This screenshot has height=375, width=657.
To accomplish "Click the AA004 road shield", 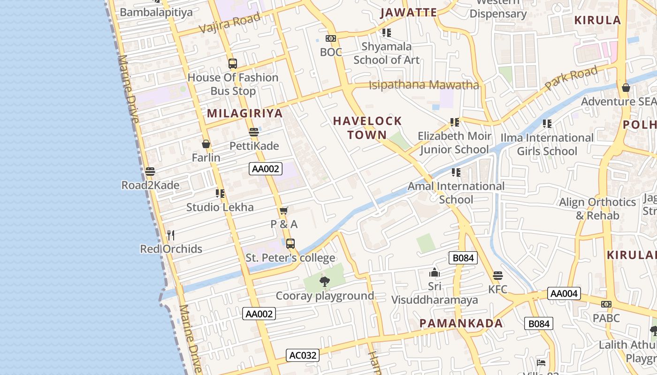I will tap(564, 294).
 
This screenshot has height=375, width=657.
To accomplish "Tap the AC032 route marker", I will tap(303, 355).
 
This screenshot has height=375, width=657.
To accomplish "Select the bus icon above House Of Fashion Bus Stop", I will tap(233, 64).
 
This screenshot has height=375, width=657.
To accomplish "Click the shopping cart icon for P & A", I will tap(283, 210).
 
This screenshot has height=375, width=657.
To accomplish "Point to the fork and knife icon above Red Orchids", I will tap(171, 235).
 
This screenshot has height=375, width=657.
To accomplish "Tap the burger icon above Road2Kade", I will tap(150, 172).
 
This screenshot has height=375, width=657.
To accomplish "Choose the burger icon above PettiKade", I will tap(254, 132).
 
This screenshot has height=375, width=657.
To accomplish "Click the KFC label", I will tap(498, 289).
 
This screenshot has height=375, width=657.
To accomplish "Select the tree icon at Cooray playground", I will tap(324, 282).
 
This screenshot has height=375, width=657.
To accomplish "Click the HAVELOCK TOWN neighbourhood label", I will tap(367, 128).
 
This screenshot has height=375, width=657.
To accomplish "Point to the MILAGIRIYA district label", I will tap(245, 113).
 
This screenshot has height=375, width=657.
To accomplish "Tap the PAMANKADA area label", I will tap(461, 323).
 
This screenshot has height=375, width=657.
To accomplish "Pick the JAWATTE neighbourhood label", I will tap(408, 13).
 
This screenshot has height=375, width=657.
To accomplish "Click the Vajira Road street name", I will tap(229, 23).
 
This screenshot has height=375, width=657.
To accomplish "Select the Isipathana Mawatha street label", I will tap(424, 85).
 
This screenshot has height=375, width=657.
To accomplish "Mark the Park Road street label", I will tap(571, 79).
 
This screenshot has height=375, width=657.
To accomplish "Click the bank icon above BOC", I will tap(331, 38).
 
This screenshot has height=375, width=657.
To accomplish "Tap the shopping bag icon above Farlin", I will tap(206, 144).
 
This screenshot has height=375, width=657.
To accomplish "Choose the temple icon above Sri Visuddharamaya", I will tap(435, 272).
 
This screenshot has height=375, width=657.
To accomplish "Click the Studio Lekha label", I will tap(220, 207).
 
